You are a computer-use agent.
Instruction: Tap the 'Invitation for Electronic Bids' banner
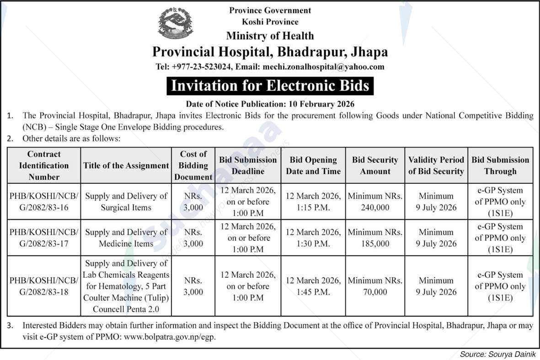(x=270, y=86)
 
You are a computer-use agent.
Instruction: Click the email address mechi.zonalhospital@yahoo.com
(x=323, y=67)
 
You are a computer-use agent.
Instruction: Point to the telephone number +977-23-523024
(x=201, y=67)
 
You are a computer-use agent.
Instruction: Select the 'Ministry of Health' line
(x=270, y=36)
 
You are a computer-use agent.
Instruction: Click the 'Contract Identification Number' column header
(x=44, y=165)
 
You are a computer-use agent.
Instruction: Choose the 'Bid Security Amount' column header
(x=375, y=165)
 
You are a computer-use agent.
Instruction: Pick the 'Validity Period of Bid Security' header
(x=436, y=165)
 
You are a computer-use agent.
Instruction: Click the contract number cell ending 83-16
(x=44, y=201)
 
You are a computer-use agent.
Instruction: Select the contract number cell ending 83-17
(x=44, y=238)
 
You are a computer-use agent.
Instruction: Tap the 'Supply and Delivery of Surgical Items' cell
(x=126, y=201)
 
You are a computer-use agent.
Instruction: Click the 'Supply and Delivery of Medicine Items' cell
(x=126, y=238)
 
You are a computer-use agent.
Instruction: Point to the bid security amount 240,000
(x=375, y=207)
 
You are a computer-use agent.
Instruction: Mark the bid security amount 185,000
(x=375, y=244)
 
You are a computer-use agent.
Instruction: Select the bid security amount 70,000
(x=375, y=292)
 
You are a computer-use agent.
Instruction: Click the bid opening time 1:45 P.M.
(x=313, y=292)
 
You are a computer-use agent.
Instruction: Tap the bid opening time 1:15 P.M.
(x=313, y=207)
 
